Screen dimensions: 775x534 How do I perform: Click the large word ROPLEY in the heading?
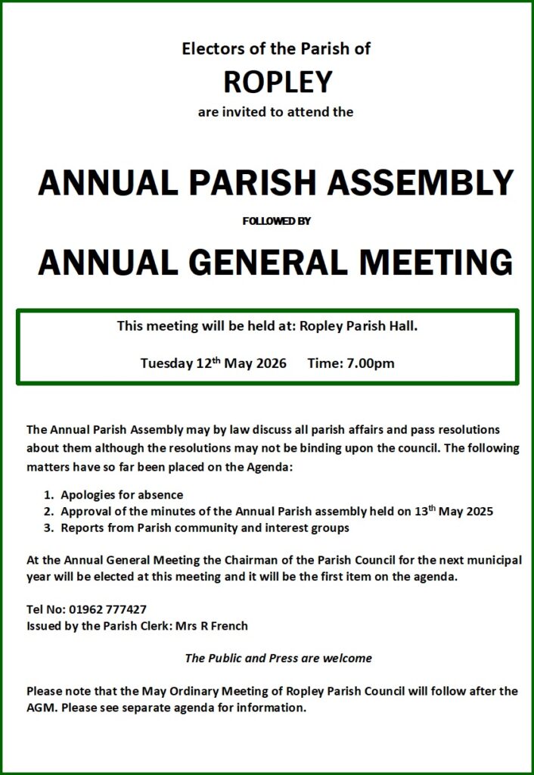point(277,80)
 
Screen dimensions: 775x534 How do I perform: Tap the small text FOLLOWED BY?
point(276,221)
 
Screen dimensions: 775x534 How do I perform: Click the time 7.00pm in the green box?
point(371,363)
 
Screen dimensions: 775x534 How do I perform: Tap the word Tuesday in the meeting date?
point(166,363)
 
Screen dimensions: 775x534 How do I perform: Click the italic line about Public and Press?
point(278,658)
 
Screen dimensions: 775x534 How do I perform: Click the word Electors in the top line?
point(206,49)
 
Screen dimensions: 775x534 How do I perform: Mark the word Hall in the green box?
point(402,327)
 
